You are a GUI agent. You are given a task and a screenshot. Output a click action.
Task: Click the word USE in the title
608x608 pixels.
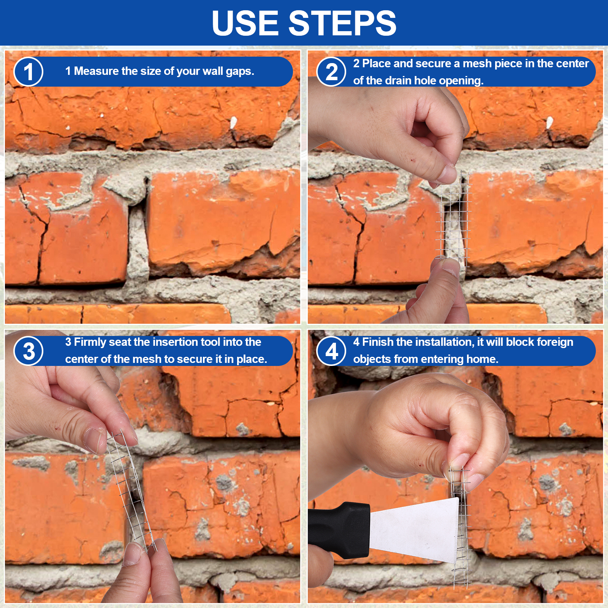[x=245, y=23]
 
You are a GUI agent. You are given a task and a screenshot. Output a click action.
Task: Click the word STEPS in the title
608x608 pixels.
[x=343, y=23]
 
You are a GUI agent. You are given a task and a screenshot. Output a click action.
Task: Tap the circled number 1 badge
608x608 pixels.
[x=28, y=71]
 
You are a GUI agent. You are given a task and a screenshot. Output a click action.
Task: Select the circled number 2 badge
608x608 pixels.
[x=331, y=71]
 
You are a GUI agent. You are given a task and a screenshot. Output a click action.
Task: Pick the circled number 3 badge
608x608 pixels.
[x=28, y=351]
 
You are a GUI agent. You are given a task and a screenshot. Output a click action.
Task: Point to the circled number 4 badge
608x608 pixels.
[x=331, y=351]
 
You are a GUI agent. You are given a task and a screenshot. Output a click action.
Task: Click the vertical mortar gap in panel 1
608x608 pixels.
[x=138, y=243]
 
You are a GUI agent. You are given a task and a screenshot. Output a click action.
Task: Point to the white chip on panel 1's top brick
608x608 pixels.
[x=233, y=122]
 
